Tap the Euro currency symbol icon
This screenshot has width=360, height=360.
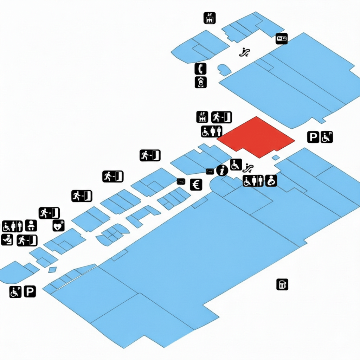click(x=196, y=185)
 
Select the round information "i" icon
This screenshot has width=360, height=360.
click(x=222, y=171)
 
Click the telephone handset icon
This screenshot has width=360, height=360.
click(x=200, y=69)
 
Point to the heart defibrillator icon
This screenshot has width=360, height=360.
click(x=58, y=225)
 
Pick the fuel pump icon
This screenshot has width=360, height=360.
click(x=282, y=284)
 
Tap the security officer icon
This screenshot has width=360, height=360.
click(x=7, y=240)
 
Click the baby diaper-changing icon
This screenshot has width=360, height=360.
click(x=31, y=225)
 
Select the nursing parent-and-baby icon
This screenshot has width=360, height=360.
click(x=271, y=181)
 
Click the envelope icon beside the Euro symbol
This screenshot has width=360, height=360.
click(x=181, y=181)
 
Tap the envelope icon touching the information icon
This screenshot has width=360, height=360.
click(x=210, y=171)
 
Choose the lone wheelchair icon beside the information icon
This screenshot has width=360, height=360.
click(x=236, y=164)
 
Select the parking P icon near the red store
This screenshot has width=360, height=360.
click(x=313, y=137)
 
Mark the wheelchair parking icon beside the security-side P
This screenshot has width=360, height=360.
click(x=15, y=291)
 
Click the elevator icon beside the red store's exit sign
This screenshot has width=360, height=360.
click(x=202, y=117)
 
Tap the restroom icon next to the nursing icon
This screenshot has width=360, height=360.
click(x=253, y=181)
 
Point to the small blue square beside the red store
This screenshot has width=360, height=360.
click(x=276, y=157)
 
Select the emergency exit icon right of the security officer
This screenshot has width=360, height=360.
click(x=27, y=240)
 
